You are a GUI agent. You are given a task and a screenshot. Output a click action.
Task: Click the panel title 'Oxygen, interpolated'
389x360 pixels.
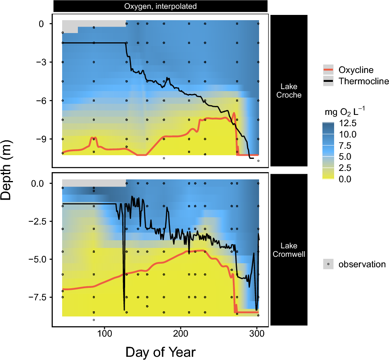161,6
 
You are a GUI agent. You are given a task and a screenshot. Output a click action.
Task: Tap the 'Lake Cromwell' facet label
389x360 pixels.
289,250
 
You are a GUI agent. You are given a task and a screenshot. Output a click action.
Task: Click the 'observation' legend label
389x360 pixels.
362,264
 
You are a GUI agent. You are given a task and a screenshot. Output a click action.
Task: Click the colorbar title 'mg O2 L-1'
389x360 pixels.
346,110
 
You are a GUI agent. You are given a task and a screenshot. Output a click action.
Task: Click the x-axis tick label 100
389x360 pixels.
105,334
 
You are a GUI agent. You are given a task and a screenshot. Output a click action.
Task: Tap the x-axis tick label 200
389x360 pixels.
181,334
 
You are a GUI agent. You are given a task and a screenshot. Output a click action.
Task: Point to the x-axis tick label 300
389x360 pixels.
257,334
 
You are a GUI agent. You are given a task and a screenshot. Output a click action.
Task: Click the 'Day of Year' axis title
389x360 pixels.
161,352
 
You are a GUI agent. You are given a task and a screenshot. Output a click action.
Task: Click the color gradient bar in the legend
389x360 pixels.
328,151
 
